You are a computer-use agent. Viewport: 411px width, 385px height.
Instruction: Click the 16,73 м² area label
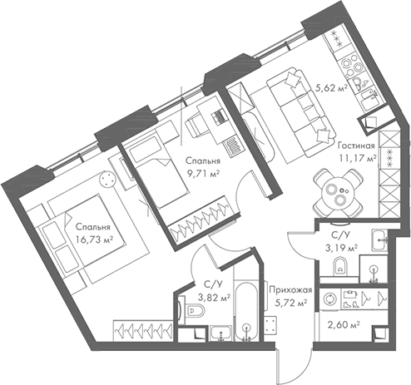(93, 239)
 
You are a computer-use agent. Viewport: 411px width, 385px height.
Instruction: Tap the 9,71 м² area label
(203, 174)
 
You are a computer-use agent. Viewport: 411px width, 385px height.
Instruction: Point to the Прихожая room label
(290, 289)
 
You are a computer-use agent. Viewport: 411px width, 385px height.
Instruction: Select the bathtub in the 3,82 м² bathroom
(245, 312)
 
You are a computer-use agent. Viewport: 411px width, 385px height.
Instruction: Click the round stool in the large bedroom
(107, 178)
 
